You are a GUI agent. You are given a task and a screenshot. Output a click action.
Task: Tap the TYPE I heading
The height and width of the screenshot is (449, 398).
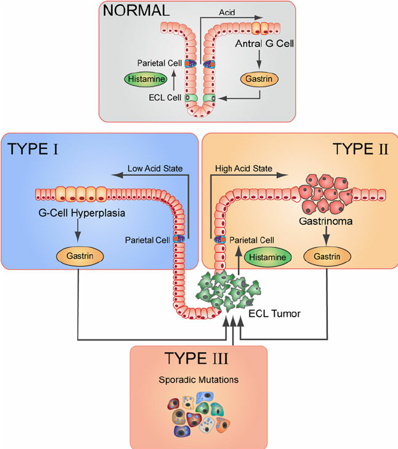tap(33, 150)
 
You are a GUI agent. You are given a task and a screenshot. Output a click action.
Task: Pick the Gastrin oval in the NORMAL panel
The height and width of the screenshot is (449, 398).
tap(259, 80)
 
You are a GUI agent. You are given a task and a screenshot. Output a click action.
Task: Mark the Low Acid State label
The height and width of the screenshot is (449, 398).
tap(155, 168)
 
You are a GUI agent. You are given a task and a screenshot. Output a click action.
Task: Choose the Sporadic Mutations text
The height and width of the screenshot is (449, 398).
tap(198, 380)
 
